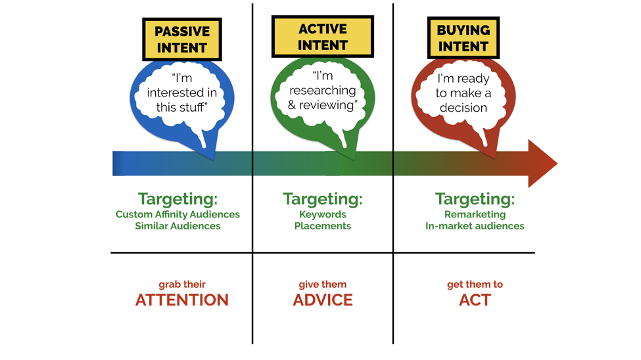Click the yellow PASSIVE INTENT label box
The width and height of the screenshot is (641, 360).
(181, 39)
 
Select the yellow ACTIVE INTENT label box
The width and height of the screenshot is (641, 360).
(322, 37)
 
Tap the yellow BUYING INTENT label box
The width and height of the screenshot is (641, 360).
(463, 38)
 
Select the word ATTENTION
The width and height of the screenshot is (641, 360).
(182, 300)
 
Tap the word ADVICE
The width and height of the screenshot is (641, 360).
(322, 300)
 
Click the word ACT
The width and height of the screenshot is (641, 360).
(475, 300)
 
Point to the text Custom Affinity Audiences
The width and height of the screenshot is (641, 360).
(178, 214)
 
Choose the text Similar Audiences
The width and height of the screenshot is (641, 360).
(178, 226)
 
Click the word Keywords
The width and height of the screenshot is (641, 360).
(322, 214)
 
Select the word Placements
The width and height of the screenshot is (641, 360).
(322, 226)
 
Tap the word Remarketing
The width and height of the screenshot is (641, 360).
(475, 214)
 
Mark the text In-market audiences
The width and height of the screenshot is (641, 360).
(475, 226)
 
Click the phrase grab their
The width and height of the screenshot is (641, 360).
(182, 284)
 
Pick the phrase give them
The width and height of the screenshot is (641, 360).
(322, 284)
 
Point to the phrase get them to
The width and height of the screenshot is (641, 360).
(475, 284)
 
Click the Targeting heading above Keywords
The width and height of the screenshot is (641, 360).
(322, 198)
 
